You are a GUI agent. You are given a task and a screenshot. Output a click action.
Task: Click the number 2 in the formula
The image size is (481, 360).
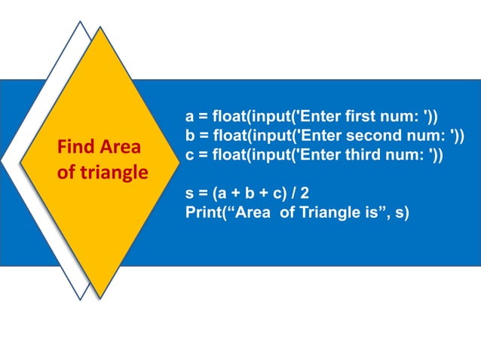point(305,193)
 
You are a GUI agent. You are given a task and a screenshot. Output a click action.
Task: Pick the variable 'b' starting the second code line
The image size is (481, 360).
point(190,136)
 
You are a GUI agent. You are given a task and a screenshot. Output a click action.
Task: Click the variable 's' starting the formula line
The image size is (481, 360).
point(190,193)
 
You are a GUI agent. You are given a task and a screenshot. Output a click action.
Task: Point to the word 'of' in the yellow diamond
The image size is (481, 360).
point(66,173)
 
